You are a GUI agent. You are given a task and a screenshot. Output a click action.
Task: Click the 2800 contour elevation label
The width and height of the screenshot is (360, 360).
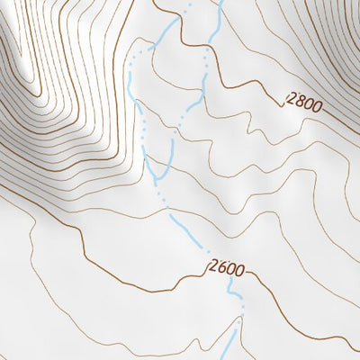pyautogui.click(x=303, y=101)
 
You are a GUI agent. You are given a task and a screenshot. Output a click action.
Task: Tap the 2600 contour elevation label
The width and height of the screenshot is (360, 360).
pyautogui.click(x=226, y=267)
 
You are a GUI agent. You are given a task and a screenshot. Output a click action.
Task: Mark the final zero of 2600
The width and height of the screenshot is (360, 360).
pyautogui.click(x=238, y=268)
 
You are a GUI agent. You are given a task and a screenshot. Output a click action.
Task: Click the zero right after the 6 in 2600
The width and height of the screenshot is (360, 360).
pyautogui.click(x=230, y=267)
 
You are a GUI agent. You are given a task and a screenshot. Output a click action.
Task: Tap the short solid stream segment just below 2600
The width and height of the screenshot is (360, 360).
pyautogui.click(x=231, y=286)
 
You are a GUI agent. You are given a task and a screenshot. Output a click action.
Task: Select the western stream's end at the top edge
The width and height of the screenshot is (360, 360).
pyautogui.click(x=189, y=3)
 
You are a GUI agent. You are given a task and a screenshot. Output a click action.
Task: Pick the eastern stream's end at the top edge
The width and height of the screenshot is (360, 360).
pyautogui.click(x=220, y=3)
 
